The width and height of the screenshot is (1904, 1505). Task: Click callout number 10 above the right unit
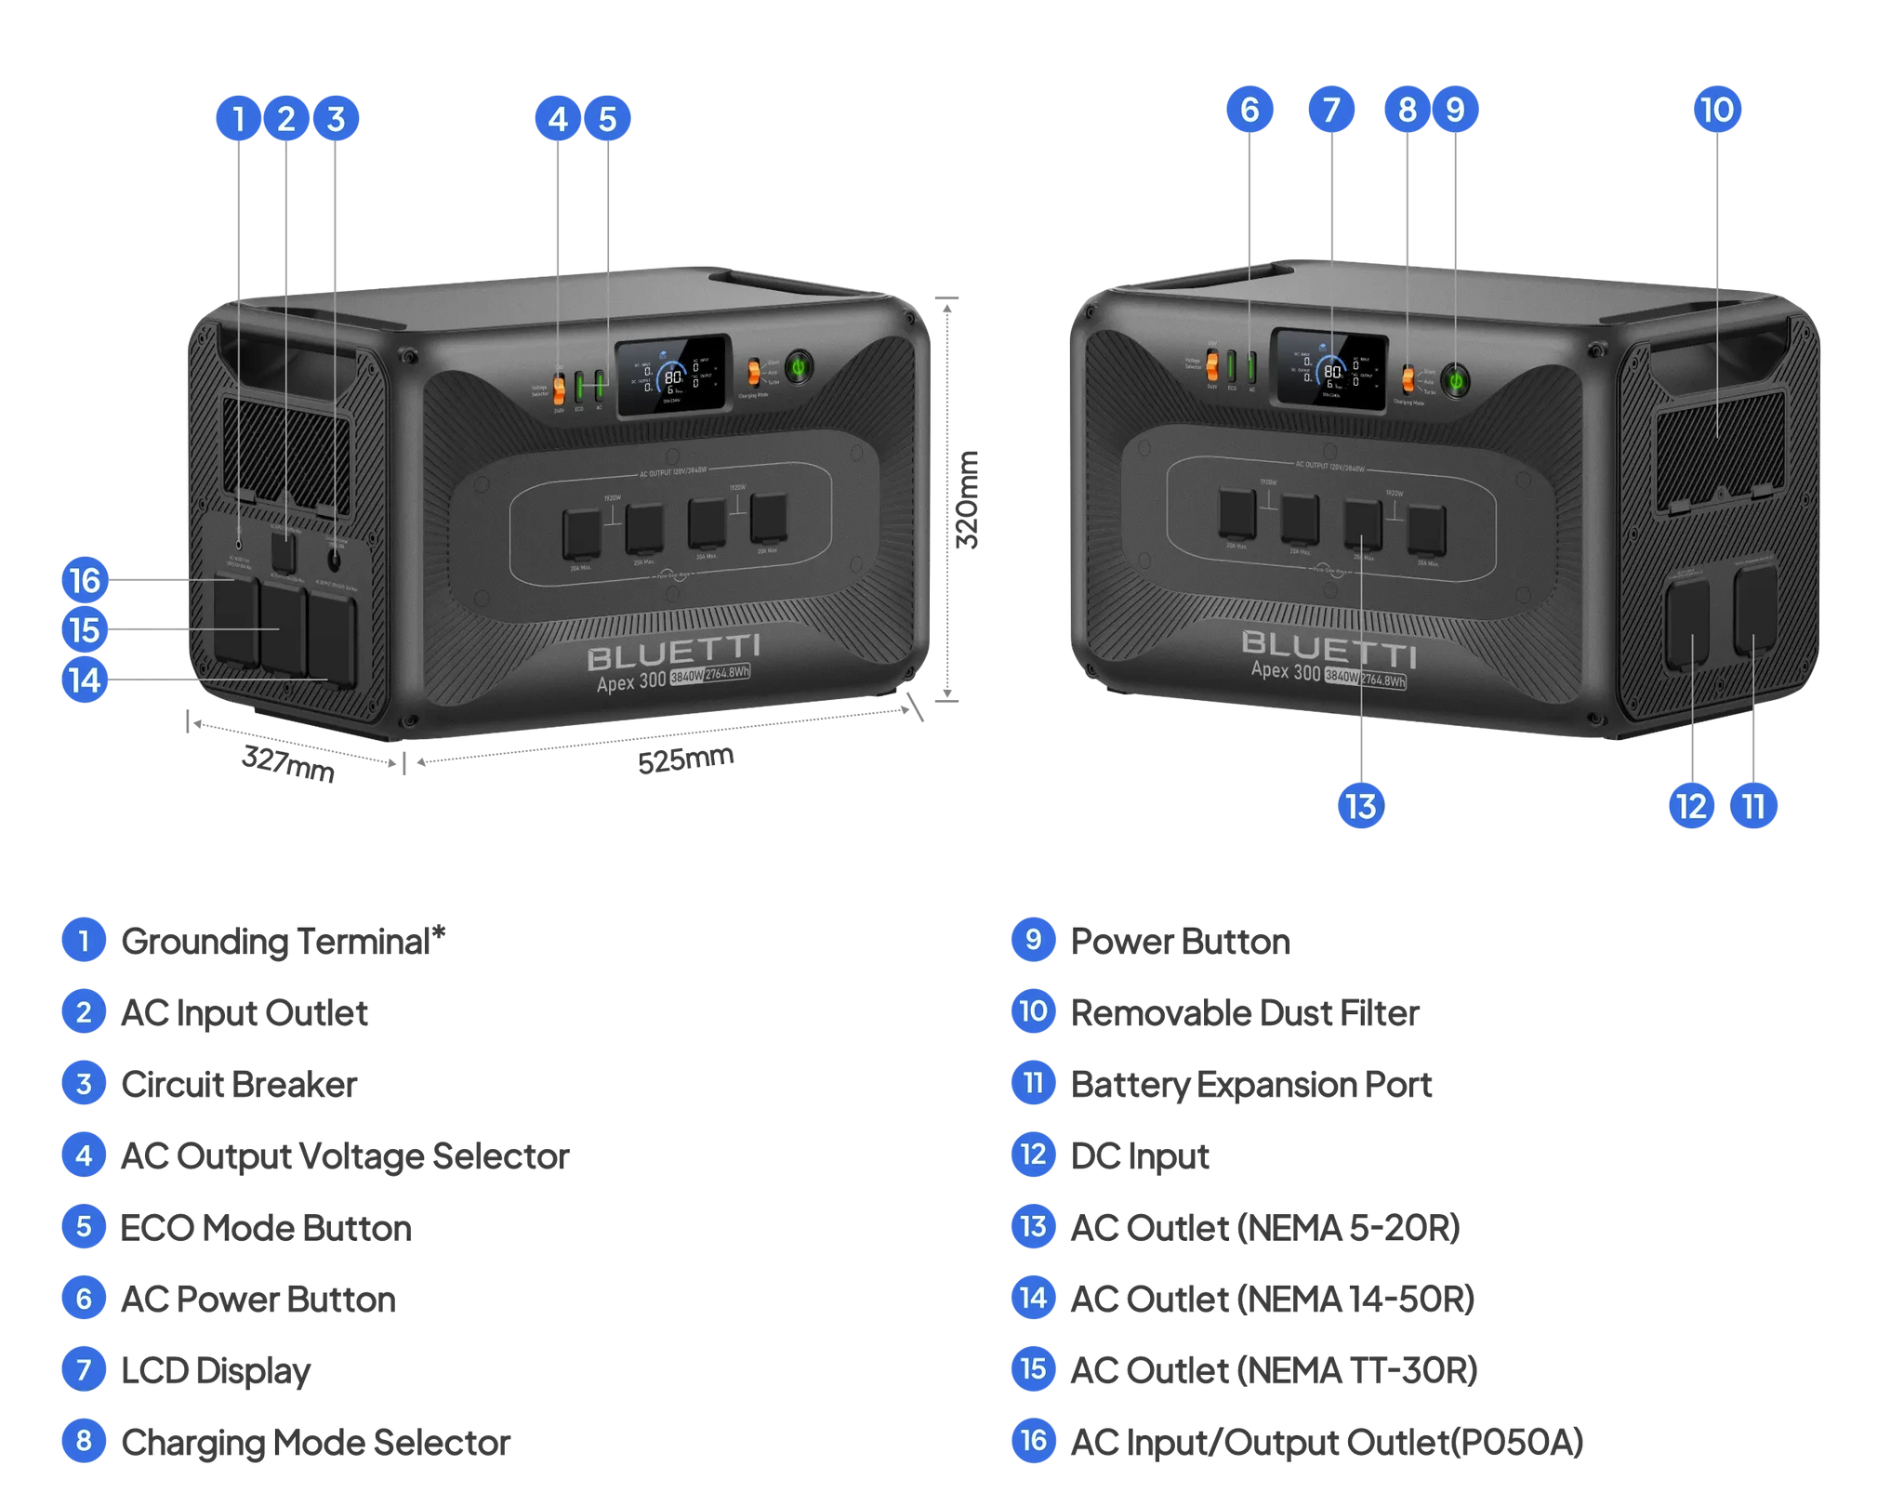(1716, 110)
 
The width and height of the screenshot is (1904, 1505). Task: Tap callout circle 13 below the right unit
(1361, 806)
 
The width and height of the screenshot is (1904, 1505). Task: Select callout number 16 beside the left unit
(85, 581)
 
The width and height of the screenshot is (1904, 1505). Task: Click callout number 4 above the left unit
(557, 119)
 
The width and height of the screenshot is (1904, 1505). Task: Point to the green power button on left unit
(798, 366)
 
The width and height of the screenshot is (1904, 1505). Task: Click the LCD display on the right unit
(1329, 368)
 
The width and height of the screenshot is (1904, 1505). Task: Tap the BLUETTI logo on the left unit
(674, 652)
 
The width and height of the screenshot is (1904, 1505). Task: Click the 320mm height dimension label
(968, 500)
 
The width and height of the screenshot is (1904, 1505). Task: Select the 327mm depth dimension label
(288, 763)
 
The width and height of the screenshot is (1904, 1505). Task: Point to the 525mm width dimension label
(686, 759)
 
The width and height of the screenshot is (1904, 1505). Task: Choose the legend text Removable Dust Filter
(1245, 1012)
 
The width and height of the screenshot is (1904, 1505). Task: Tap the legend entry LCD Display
(216, 1370)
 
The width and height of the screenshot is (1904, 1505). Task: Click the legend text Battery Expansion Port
(1251, 1084)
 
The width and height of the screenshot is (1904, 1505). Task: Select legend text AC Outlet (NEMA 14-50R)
(1272, 1299)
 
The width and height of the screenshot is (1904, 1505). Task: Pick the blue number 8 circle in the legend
(84, 1441)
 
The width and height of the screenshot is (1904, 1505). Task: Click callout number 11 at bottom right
(1753, 806)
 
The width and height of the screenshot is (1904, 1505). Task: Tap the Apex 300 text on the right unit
(1285, 671)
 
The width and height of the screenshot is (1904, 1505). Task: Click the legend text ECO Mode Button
(266, 1228)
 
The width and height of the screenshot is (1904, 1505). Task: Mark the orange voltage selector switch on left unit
(559, 389)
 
